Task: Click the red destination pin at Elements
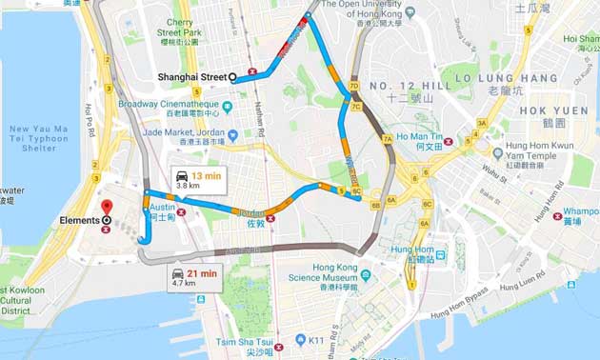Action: pos(106,207)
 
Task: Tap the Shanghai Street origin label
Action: pos(191,77)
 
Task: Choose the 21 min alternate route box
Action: pos(194,277)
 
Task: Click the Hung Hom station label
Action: pos(411,253)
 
